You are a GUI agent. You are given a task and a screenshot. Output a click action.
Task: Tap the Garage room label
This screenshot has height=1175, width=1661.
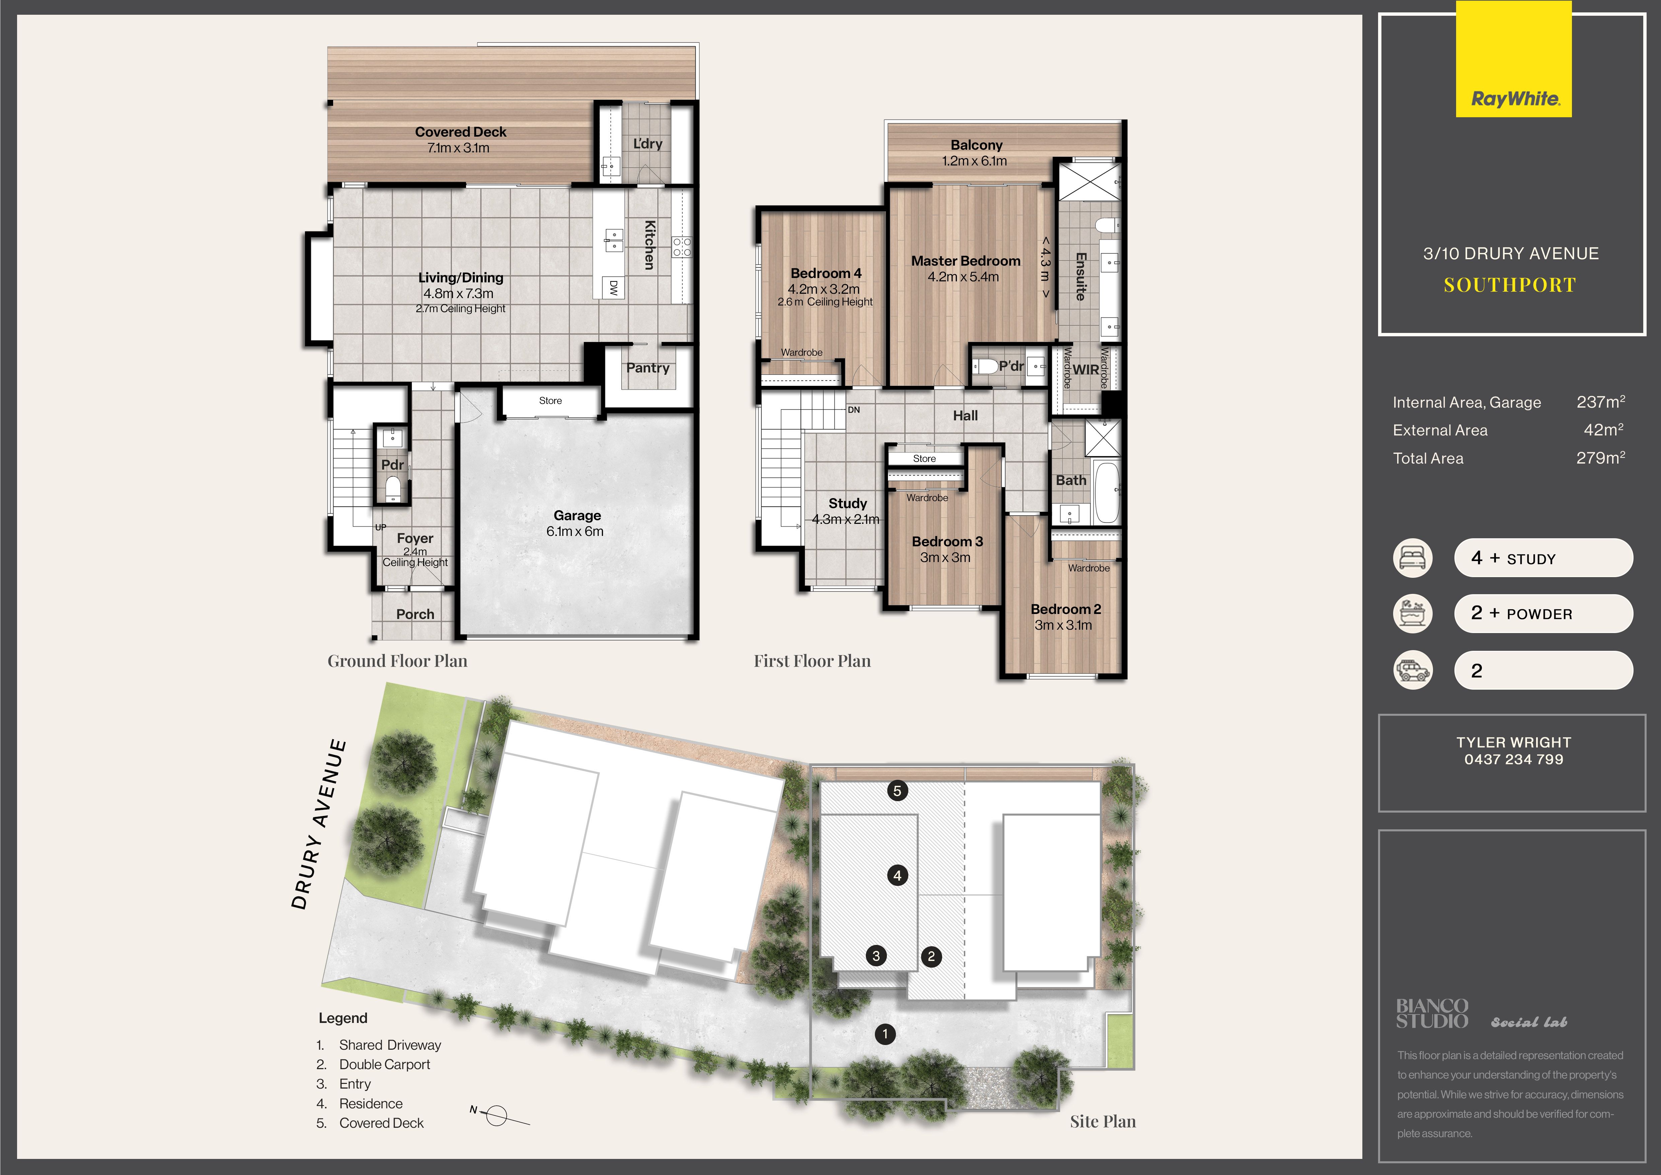pyautogui.click(x=577, y=515)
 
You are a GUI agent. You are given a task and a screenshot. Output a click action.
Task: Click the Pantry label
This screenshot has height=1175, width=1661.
pyautogui.click(x=648, y=367)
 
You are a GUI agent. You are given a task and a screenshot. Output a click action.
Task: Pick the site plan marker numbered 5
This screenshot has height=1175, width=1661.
pyautogui.click(x=897, y=791)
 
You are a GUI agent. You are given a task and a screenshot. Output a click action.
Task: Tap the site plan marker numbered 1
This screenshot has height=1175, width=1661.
pyautogui.click(x=885, y=1034)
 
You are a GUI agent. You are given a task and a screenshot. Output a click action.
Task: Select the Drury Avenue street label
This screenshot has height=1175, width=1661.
pyautogui.click(x=318, y=823)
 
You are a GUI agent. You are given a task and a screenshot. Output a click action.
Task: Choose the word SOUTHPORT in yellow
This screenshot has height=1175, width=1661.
pyautogui.click(x=1510, y=285)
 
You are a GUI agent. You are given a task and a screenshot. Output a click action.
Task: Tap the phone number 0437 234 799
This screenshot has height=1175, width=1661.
pyautogui.click(x=1513, y=759)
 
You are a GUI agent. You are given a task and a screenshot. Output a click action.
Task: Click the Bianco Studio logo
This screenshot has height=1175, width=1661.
pyautogui.click(x=1432, y=1014)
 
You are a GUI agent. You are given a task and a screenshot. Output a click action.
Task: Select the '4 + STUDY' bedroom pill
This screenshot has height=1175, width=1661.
pyautogui.click(x=1543, y=558)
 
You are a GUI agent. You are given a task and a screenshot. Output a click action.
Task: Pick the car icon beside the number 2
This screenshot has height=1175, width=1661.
pyautogui.click(x=1412, y=670)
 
